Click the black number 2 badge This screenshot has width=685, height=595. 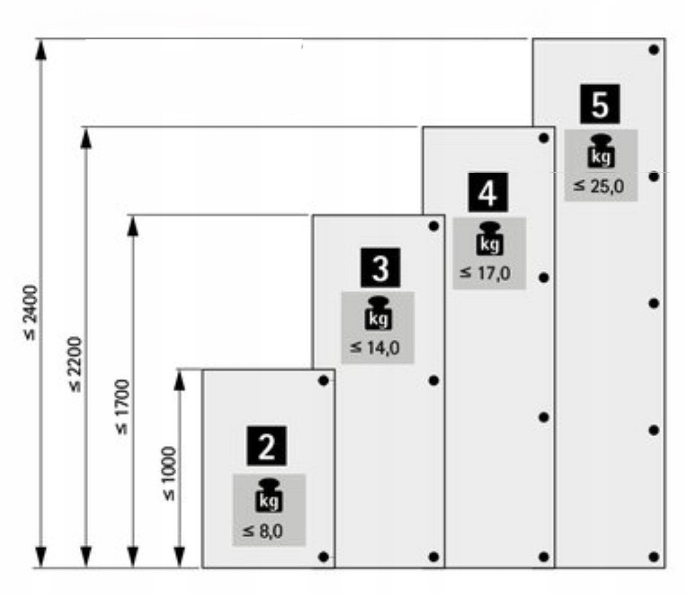(x=266, y=445)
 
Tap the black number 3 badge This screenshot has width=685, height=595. (x=380, y=267)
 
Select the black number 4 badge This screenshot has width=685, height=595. (x=488, y=192)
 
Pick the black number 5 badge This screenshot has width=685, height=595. (x=600, y=104)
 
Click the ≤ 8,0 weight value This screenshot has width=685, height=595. (x=263, y=531)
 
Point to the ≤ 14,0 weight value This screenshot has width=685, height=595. (x=375, y=348)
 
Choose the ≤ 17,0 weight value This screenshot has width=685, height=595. (x=485, y=273)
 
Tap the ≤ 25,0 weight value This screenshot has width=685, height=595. (x=599, y=187)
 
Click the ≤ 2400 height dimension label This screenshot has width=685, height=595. (x=31, y=312)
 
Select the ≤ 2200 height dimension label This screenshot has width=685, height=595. (x=75, y=364)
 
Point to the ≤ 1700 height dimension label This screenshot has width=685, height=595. (x=122, y=407)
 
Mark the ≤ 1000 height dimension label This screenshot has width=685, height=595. (x=169, y=473)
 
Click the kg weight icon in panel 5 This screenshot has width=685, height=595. (x=601, y=151)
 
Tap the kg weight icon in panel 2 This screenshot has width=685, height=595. (x=269, y=495)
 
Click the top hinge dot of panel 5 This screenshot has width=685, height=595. (x=654, y=50)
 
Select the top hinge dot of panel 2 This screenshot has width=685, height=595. (x=323, y=380)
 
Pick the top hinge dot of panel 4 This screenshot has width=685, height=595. (x=544, y=138)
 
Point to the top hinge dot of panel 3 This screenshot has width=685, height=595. (x=434, y=226)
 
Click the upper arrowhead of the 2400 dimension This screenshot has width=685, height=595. (x=41, y=49)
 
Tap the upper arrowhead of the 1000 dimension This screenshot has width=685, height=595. (x=179, y=380)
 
